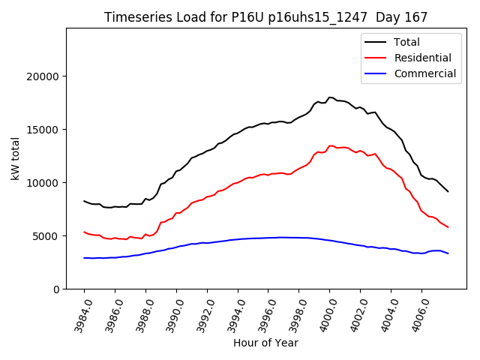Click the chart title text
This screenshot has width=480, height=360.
[x=266, y=17]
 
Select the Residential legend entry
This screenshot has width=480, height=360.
[x=422, y=58]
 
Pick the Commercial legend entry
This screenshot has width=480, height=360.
[x=424, y=73]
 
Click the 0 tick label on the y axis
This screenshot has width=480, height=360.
[x=56, y=289]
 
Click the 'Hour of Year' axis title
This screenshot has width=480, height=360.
[x=266, y=343]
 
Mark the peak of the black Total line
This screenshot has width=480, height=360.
[x=330, y=97]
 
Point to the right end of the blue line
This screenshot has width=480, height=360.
[x=448, y=253]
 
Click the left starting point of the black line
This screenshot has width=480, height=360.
[x=84, y=201]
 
